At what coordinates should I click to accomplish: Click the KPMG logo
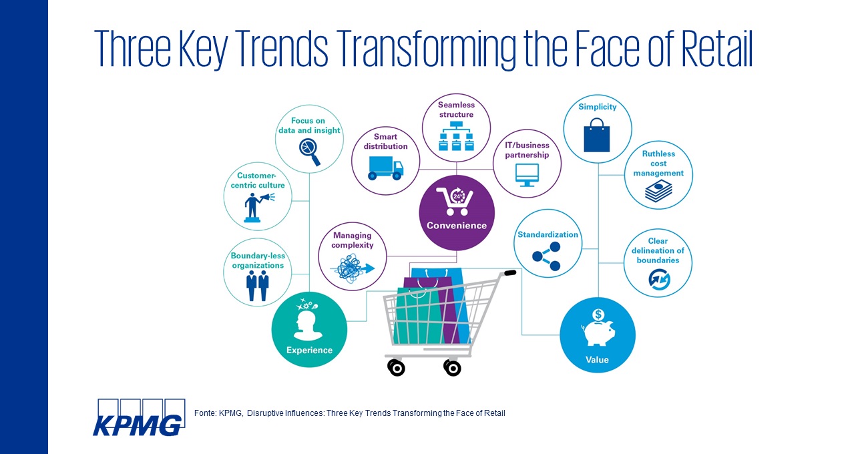[x=138, y=417]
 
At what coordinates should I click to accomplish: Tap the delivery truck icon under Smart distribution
[x=385, y=168]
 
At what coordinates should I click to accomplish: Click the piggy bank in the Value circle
[x=597, y=330]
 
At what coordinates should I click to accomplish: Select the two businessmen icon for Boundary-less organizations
[x=257, y=285]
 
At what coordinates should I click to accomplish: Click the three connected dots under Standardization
[x=547, y=257]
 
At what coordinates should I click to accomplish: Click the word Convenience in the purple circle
[x=457, y=225]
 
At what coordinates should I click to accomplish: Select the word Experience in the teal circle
[x=309, y=350]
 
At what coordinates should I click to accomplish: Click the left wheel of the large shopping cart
[x=396, y=367]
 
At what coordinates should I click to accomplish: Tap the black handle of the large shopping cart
[x=509, y=273]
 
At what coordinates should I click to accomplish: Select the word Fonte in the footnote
[x=204, y=413]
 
